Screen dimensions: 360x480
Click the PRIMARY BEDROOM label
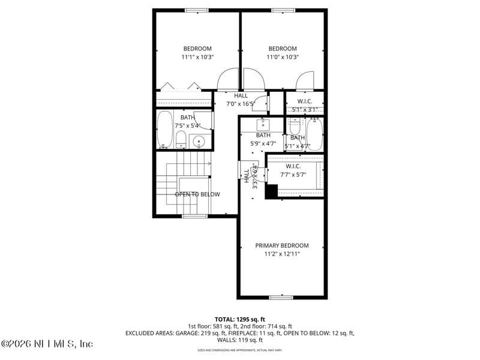(x=282, y=245)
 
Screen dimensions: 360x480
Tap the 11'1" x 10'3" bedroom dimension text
(x=197, y=57)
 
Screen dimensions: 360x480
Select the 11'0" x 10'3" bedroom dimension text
(x=282, y=57)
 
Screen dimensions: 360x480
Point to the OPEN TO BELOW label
(x=197, y=194)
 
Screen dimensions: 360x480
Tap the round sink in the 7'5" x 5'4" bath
(x=200, y=142)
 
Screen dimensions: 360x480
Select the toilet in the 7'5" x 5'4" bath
(x=181, y=140)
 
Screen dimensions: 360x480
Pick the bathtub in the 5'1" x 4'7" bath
(x=314, y=133)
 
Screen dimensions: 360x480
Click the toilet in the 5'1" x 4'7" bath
(x=295, y=127)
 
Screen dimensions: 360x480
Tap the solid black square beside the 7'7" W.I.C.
(x=271, y=191)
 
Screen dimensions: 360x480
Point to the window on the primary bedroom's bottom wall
(x=281, y=296)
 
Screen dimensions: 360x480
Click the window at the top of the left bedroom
(x=196, y=10)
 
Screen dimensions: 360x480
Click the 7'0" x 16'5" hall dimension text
(x=241, y=104)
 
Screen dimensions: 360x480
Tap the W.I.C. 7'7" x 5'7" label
(x=293, y=171)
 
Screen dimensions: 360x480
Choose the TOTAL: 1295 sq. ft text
(x=239, y=319)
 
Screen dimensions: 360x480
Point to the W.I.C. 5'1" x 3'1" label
(x=304, y=106)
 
